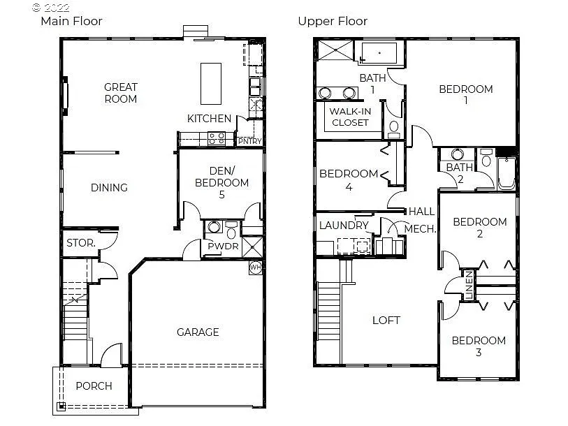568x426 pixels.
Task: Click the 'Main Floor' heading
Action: (71, 21)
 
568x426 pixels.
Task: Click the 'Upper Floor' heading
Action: (333, 21)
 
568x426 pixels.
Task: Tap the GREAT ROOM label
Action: (121, 93)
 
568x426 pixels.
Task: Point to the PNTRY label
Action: (249, 142)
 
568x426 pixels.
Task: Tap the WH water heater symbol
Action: (256, 267)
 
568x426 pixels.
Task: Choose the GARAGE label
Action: (198, 332)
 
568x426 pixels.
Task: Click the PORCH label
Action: (94, 386)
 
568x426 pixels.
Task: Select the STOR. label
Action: (81, 244)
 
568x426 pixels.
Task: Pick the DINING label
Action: (109, 187)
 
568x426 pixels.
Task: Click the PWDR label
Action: (223, 247)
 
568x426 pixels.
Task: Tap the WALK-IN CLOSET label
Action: (350, 117)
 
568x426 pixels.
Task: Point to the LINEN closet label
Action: (469, 287)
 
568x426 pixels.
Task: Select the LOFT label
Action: (386, 320)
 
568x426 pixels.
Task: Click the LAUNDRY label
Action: (344, 226)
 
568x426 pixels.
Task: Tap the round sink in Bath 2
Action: (458, 155)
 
